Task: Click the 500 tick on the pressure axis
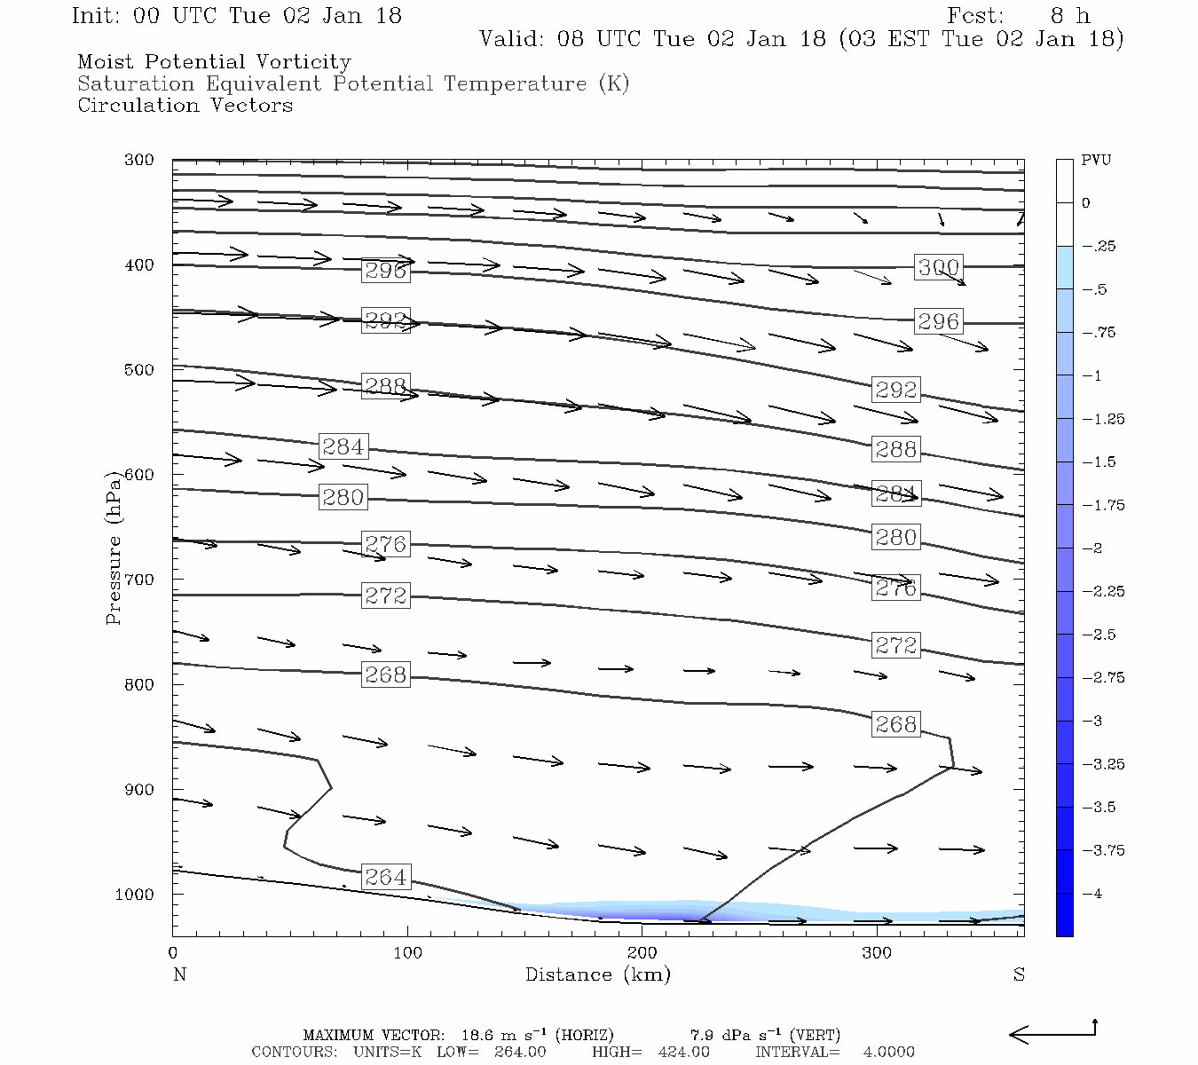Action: (139, 370)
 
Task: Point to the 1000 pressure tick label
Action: (135, 895)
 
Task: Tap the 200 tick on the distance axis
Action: (642, 953)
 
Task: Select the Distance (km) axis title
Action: (597, 974)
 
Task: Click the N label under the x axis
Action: (179, 974)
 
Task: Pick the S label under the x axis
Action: (1019, 974)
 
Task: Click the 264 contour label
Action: (386, 877)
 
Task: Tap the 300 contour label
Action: (938, 267)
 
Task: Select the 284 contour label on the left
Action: (343, 446)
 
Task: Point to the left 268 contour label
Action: (386, 674)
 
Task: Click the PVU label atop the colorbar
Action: (1096, 160)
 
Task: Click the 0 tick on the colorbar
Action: (1086, 203)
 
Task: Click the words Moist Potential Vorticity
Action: (214, 62)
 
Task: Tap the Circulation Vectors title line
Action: (185, 106)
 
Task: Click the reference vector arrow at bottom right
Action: (1052, 1033)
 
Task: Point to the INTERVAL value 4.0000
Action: (888, 1052)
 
